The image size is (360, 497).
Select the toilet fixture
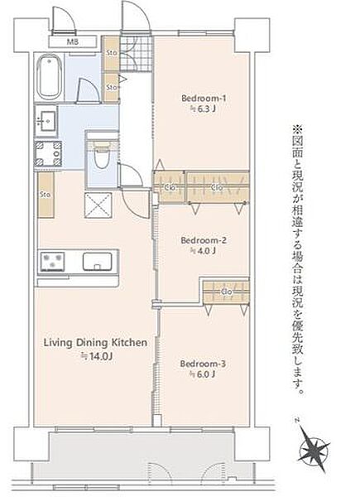[102, 154]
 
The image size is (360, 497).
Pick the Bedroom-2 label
[199, 239]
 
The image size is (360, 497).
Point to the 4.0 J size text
[199, 250]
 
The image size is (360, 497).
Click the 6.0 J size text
[199, 374]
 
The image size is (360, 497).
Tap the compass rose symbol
[314, 451]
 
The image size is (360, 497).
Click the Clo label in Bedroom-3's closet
[225, 291]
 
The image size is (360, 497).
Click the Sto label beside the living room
[46, 195]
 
